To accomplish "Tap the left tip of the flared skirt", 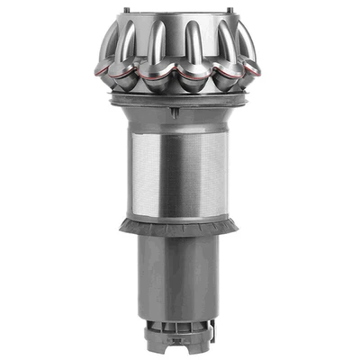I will tap(122, 229).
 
